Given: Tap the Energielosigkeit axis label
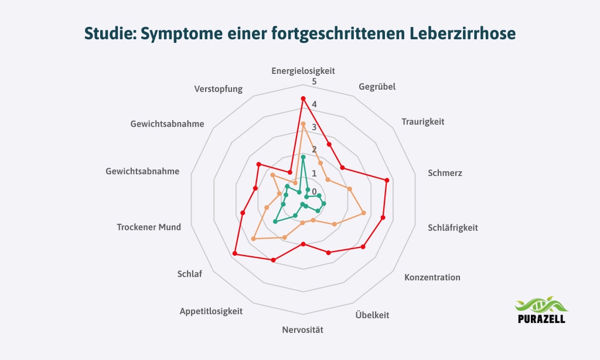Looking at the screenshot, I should (x=303, y=71).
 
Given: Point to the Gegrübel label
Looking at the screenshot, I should (x=377, y=87).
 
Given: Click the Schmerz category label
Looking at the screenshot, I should (x=445, y=174).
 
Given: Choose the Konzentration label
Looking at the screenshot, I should (x=432, y=277).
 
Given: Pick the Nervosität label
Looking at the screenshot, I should (x=302, y=330).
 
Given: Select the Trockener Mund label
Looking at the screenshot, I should (x=149, y=227).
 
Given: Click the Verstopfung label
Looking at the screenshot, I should (x=218, y=90).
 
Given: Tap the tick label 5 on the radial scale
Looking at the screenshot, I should (x=314, y=81).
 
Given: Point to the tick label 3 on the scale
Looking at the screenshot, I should (x=314, y=127).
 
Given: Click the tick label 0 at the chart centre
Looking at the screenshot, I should (x=313, y=192).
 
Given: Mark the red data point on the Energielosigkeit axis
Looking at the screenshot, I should (x=303, y=99).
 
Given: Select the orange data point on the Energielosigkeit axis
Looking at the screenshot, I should (x=303, y=124).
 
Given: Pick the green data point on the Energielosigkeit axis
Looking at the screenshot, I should (x=303, y=157).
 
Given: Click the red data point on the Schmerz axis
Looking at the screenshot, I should (x=387, y=180).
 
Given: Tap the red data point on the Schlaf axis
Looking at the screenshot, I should (x=234, y=253).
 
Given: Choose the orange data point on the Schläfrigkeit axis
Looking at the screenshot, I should (x=364, y=212).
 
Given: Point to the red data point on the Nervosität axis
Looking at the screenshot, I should (x=303, y=244).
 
